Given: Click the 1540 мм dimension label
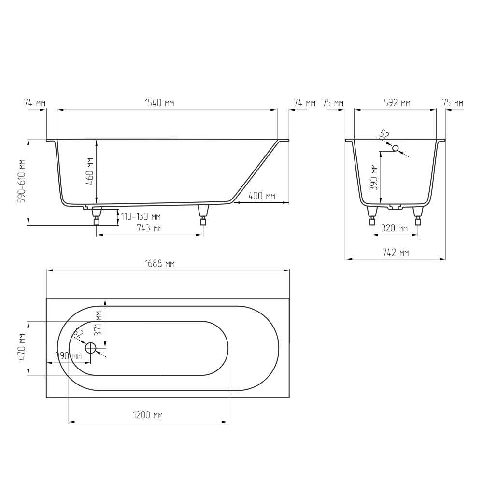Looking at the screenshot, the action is [159, 103].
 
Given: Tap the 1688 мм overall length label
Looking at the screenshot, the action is [160, 264].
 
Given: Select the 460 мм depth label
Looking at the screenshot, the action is [90, 171].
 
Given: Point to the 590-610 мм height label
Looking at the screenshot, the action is [22, 181].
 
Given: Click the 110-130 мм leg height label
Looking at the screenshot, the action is [141, 216].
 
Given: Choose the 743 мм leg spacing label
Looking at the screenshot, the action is [150, 228].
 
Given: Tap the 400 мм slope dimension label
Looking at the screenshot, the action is [262, 196].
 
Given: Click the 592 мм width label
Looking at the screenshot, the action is [397, 103].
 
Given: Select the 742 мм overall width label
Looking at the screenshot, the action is [396, 253].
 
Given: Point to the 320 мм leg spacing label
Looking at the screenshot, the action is [395, 228].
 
